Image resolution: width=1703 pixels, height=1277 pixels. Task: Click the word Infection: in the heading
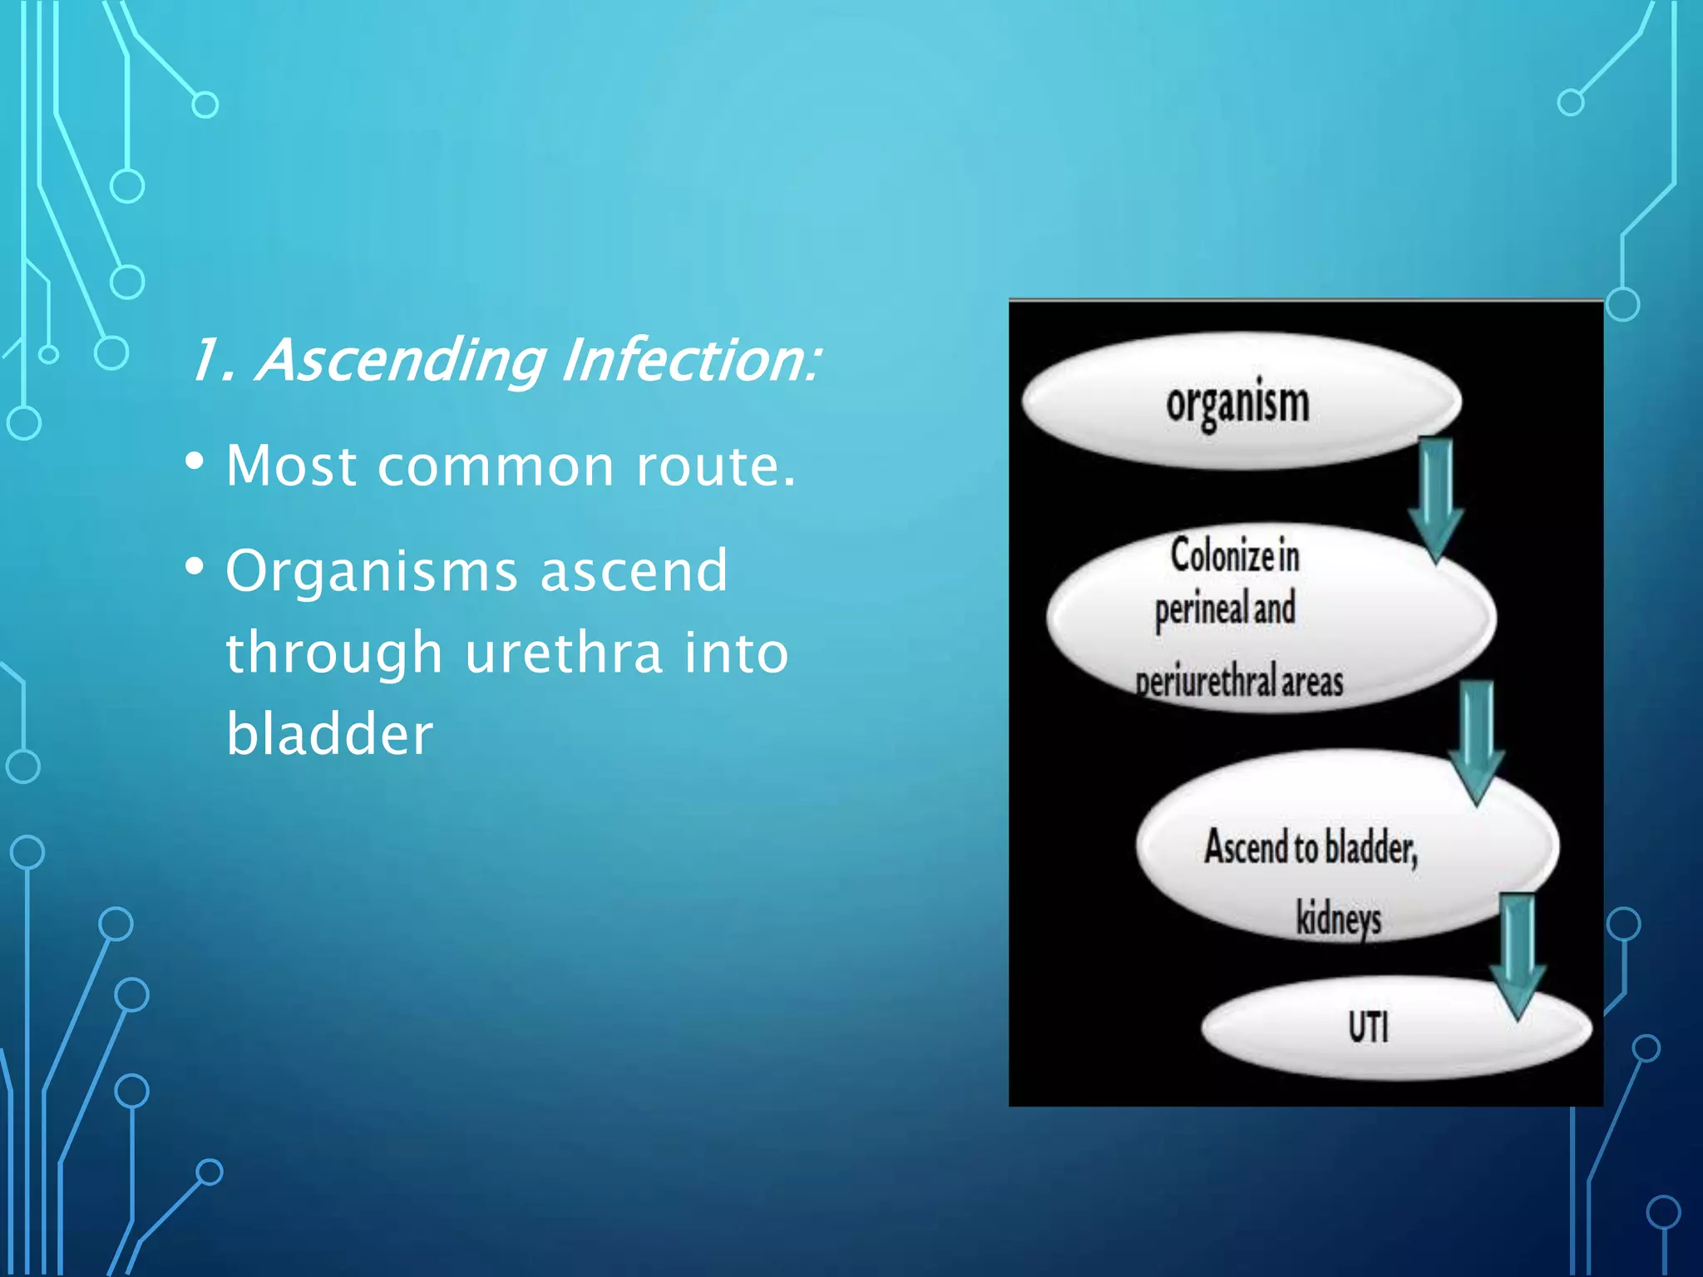tap(690, 360)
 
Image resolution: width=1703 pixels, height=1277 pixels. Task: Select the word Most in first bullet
tap(291, 465)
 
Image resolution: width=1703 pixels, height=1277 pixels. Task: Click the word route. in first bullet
tap(715, 466)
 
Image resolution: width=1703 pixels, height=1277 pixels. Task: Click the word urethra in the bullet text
tap(563, 652)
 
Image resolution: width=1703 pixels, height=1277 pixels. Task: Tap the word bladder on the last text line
tap(329, 733)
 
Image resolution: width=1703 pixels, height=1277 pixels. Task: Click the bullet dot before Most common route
tap(195, 461)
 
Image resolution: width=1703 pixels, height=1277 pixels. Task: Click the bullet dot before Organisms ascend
tap(195, 568)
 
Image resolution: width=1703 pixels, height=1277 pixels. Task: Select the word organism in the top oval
tap(1237, 403)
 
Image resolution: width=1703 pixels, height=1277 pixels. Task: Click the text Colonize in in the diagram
tap(1235, 555)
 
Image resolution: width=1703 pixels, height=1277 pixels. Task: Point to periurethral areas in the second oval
tap(1239, 682)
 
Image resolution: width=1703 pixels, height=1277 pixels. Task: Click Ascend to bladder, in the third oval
tap(1311, 848)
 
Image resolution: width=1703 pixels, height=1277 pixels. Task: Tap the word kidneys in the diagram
tap(1338, 919)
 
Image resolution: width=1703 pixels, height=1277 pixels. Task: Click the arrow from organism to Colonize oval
tap(1436, 499)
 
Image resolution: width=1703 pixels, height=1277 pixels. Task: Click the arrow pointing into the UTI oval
tap(1518, 956)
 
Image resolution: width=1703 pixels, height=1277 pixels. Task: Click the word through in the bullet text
tap(333, 653)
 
